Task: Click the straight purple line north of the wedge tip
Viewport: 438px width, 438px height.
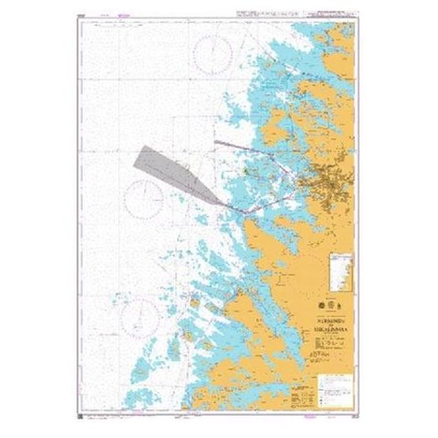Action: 245,142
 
